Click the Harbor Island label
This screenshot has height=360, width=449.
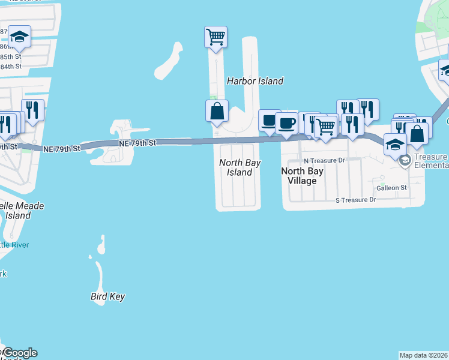(x=255, y=81)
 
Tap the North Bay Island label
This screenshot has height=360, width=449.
(x=235, y=167)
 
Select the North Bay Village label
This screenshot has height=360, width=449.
(x=303, y=175)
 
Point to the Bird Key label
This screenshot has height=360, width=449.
(x=107, y=296)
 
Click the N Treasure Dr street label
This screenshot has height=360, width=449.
(x=324, y=161)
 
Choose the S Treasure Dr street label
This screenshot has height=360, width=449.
(x=355, y=200)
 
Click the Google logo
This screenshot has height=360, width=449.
(x=19, y=353)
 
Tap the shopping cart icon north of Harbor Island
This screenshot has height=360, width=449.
(x=215, y=36)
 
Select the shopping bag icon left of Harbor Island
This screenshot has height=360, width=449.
(x=217, y=111)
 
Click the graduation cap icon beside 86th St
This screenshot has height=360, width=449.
(x=20, y=37)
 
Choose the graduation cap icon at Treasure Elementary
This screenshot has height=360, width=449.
(x=395, y=144)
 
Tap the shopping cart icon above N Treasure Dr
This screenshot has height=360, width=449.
(x=325, y=127)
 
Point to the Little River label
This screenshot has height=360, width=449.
(x=14, y=245)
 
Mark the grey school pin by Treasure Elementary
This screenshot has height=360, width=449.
(x=406, y=160)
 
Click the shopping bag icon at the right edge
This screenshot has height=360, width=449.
(x=417, y=133)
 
